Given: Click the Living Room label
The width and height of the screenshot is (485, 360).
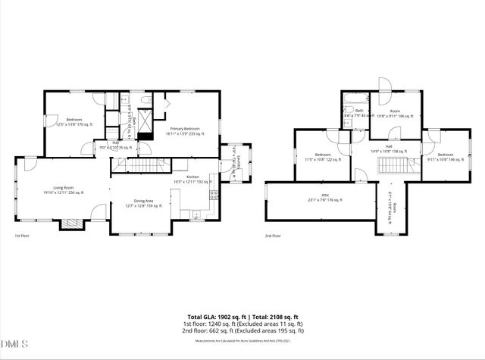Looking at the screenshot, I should tap(63, 189).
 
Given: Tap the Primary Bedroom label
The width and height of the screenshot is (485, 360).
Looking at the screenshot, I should tap(185, 131).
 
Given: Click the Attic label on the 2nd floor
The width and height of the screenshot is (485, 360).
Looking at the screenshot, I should tap(325, 198).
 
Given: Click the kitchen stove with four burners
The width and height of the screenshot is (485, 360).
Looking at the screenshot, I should tap(213, 195).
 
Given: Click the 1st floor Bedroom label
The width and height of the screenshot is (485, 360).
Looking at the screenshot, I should tap(74, 121).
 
